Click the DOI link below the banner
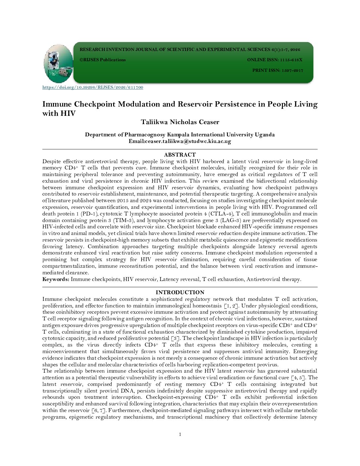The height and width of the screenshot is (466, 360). click(93, 87)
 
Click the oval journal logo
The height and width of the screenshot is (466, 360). click(59, 64)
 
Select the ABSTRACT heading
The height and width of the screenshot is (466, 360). click(180, 155)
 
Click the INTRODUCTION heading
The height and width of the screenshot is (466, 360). click(180, 292)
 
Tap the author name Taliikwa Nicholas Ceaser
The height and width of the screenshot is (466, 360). click(180, 122)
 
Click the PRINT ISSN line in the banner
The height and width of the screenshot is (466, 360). click(278, 70)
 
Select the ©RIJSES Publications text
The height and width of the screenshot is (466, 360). click(103, 60)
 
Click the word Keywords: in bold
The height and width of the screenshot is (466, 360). click(56, 279)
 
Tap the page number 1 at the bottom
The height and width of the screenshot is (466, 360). click(180, 435)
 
